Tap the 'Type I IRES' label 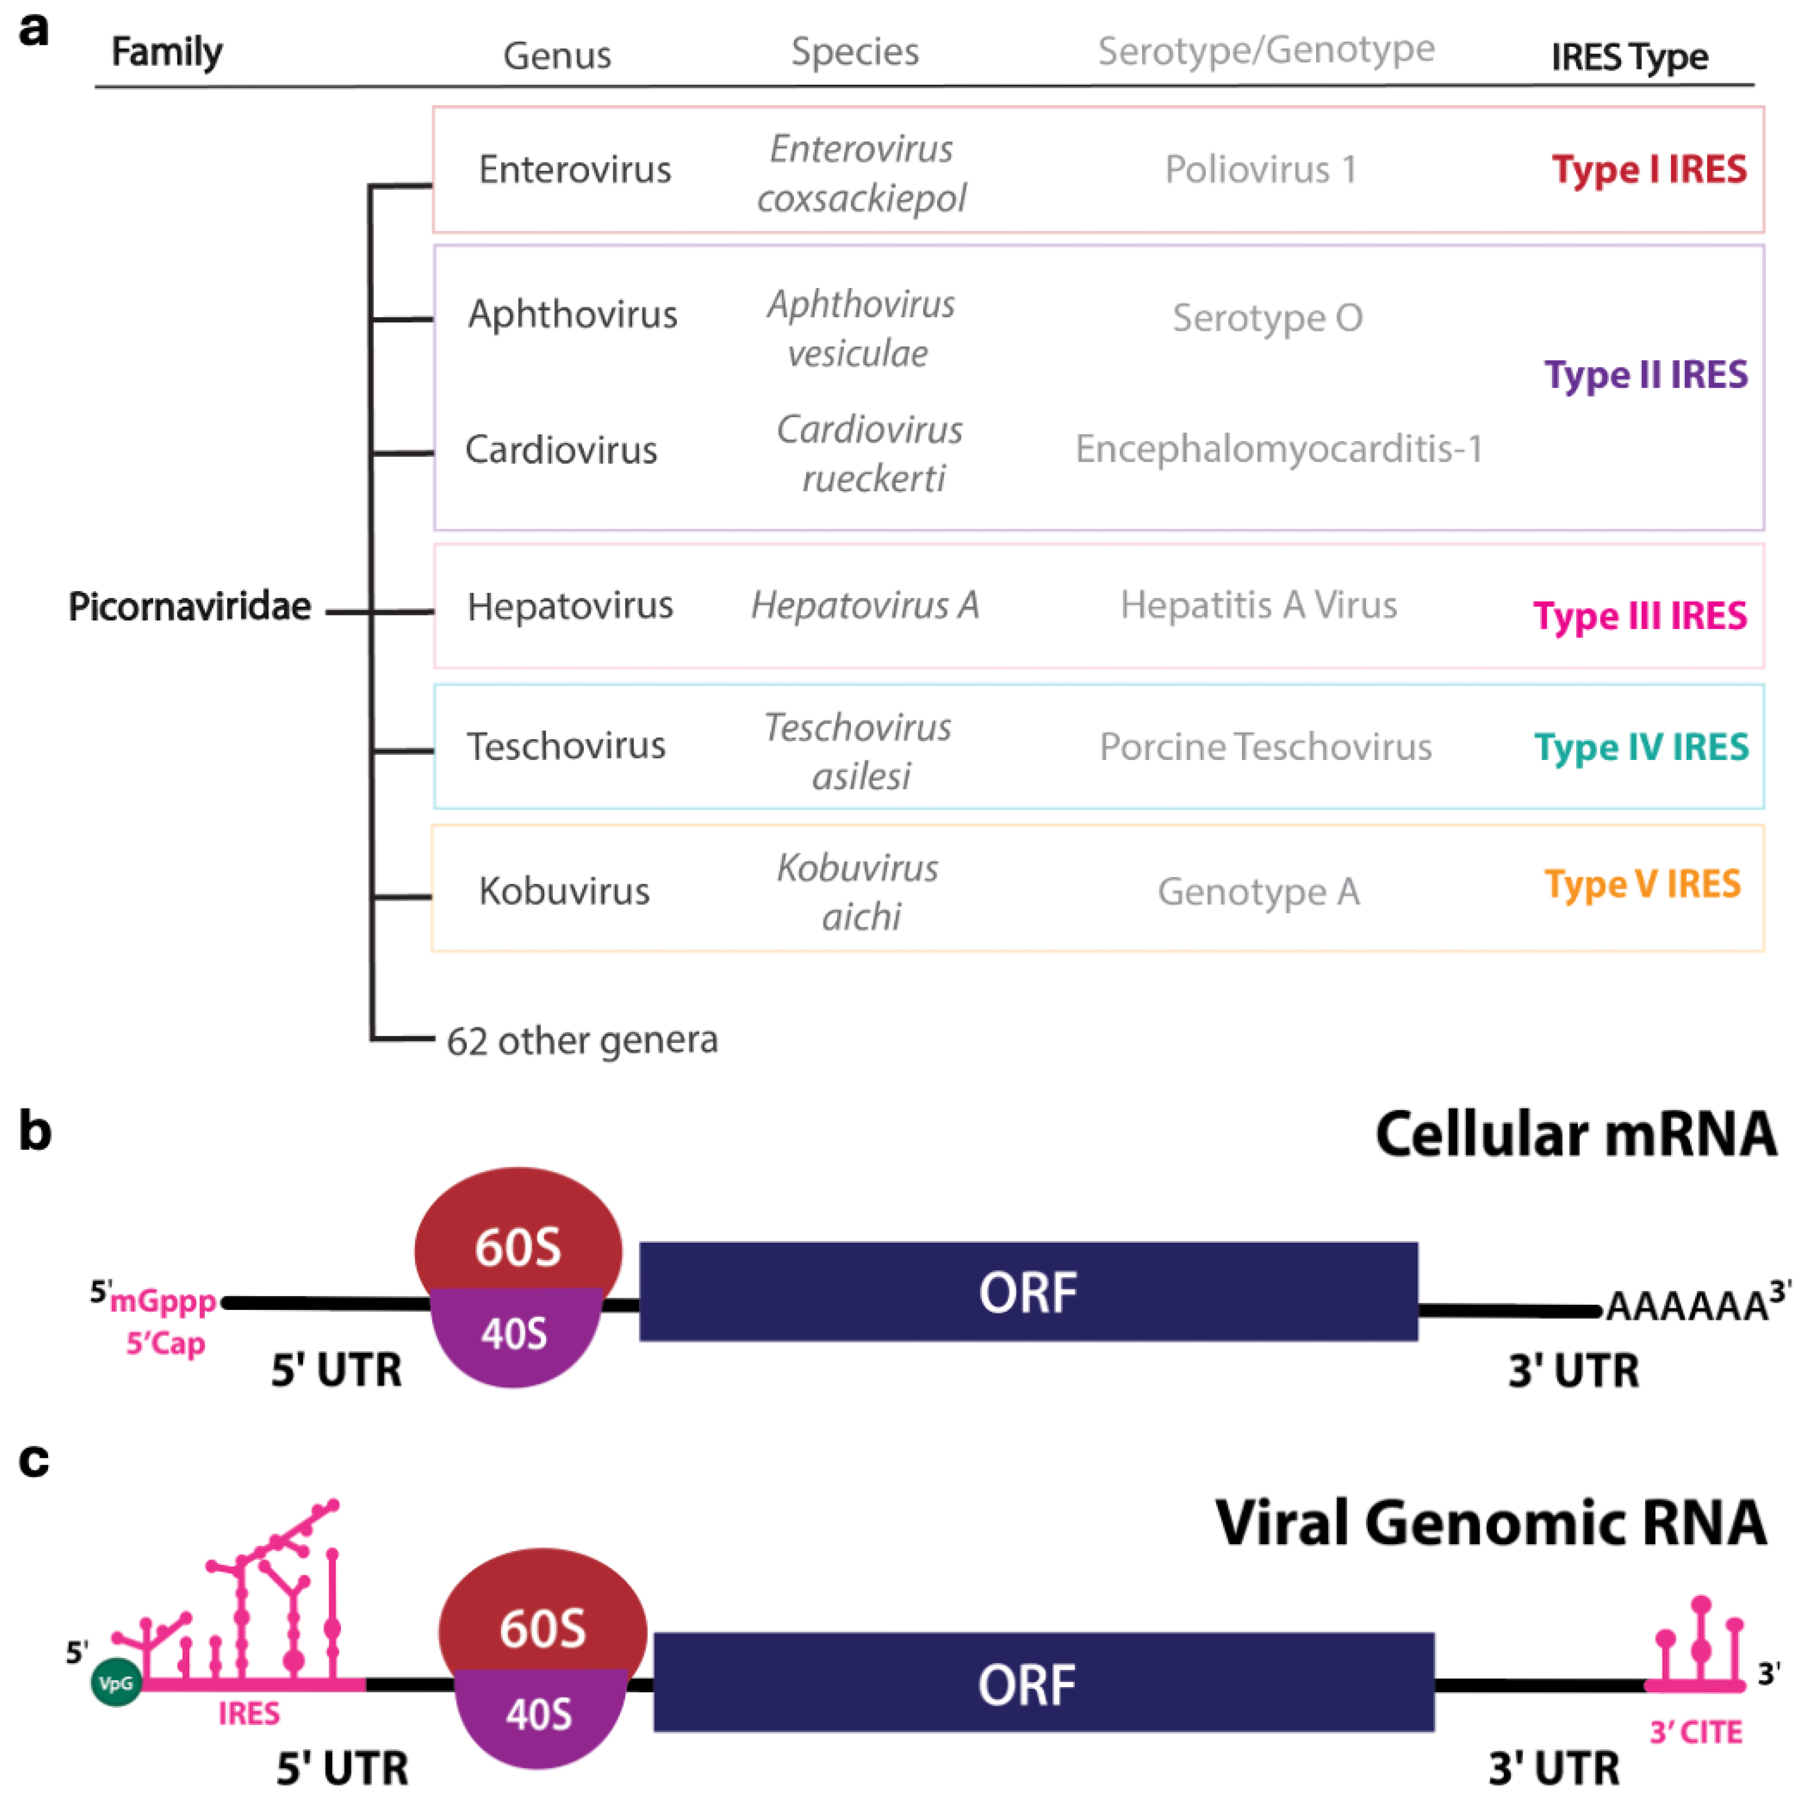point(1648,169)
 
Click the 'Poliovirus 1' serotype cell point(1260,169)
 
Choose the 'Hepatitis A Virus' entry point(1258,605)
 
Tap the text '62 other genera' point(582,1040)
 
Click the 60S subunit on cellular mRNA point(518,1234)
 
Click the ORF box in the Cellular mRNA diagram point(1028,1291)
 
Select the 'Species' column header point(854,52)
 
